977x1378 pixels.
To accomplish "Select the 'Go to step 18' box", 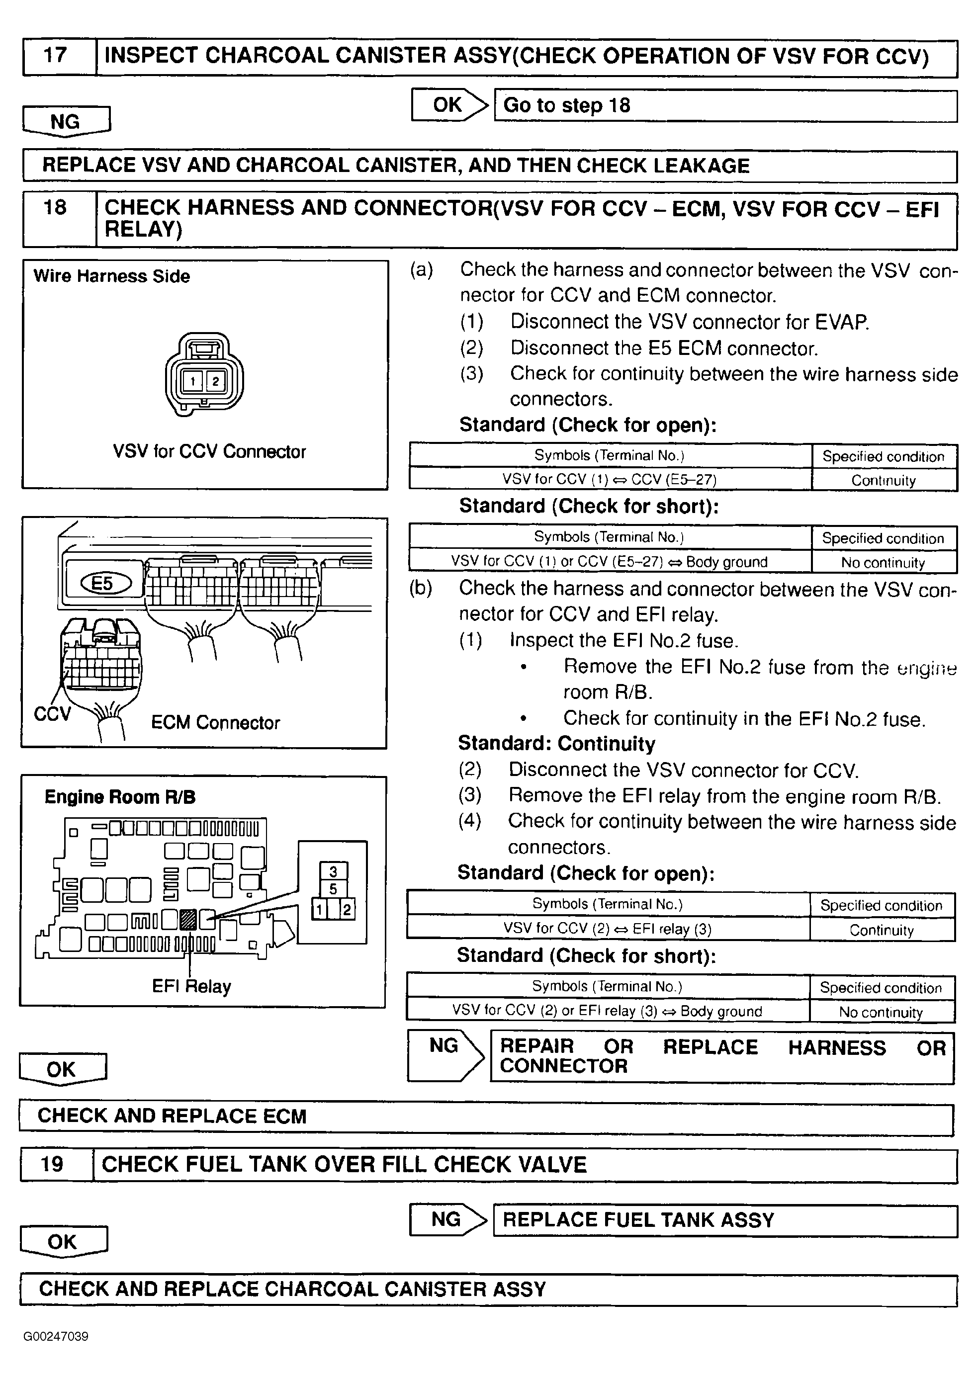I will point(725,106).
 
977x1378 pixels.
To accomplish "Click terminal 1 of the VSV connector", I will point(192,381).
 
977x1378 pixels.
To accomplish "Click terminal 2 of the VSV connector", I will point(215,381).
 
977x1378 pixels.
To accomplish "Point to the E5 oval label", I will point(103,583).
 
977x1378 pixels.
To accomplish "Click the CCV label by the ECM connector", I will point(52,714).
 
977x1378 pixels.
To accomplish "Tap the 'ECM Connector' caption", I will point(215,722).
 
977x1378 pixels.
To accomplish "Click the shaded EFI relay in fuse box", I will point(188,919).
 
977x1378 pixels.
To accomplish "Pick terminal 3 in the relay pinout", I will point(333,871).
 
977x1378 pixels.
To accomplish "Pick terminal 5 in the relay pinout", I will point(333,889).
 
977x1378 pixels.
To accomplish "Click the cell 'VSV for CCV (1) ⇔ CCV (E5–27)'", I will point(610,479).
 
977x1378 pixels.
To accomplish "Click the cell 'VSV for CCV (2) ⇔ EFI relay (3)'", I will point(608,929).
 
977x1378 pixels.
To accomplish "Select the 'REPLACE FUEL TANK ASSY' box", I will point(725,1220).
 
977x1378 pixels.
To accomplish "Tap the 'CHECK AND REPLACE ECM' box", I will point(486,1117).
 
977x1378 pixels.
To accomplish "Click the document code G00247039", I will point(56,1337).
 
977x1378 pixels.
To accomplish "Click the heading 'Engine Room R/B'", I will point(120,797).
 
